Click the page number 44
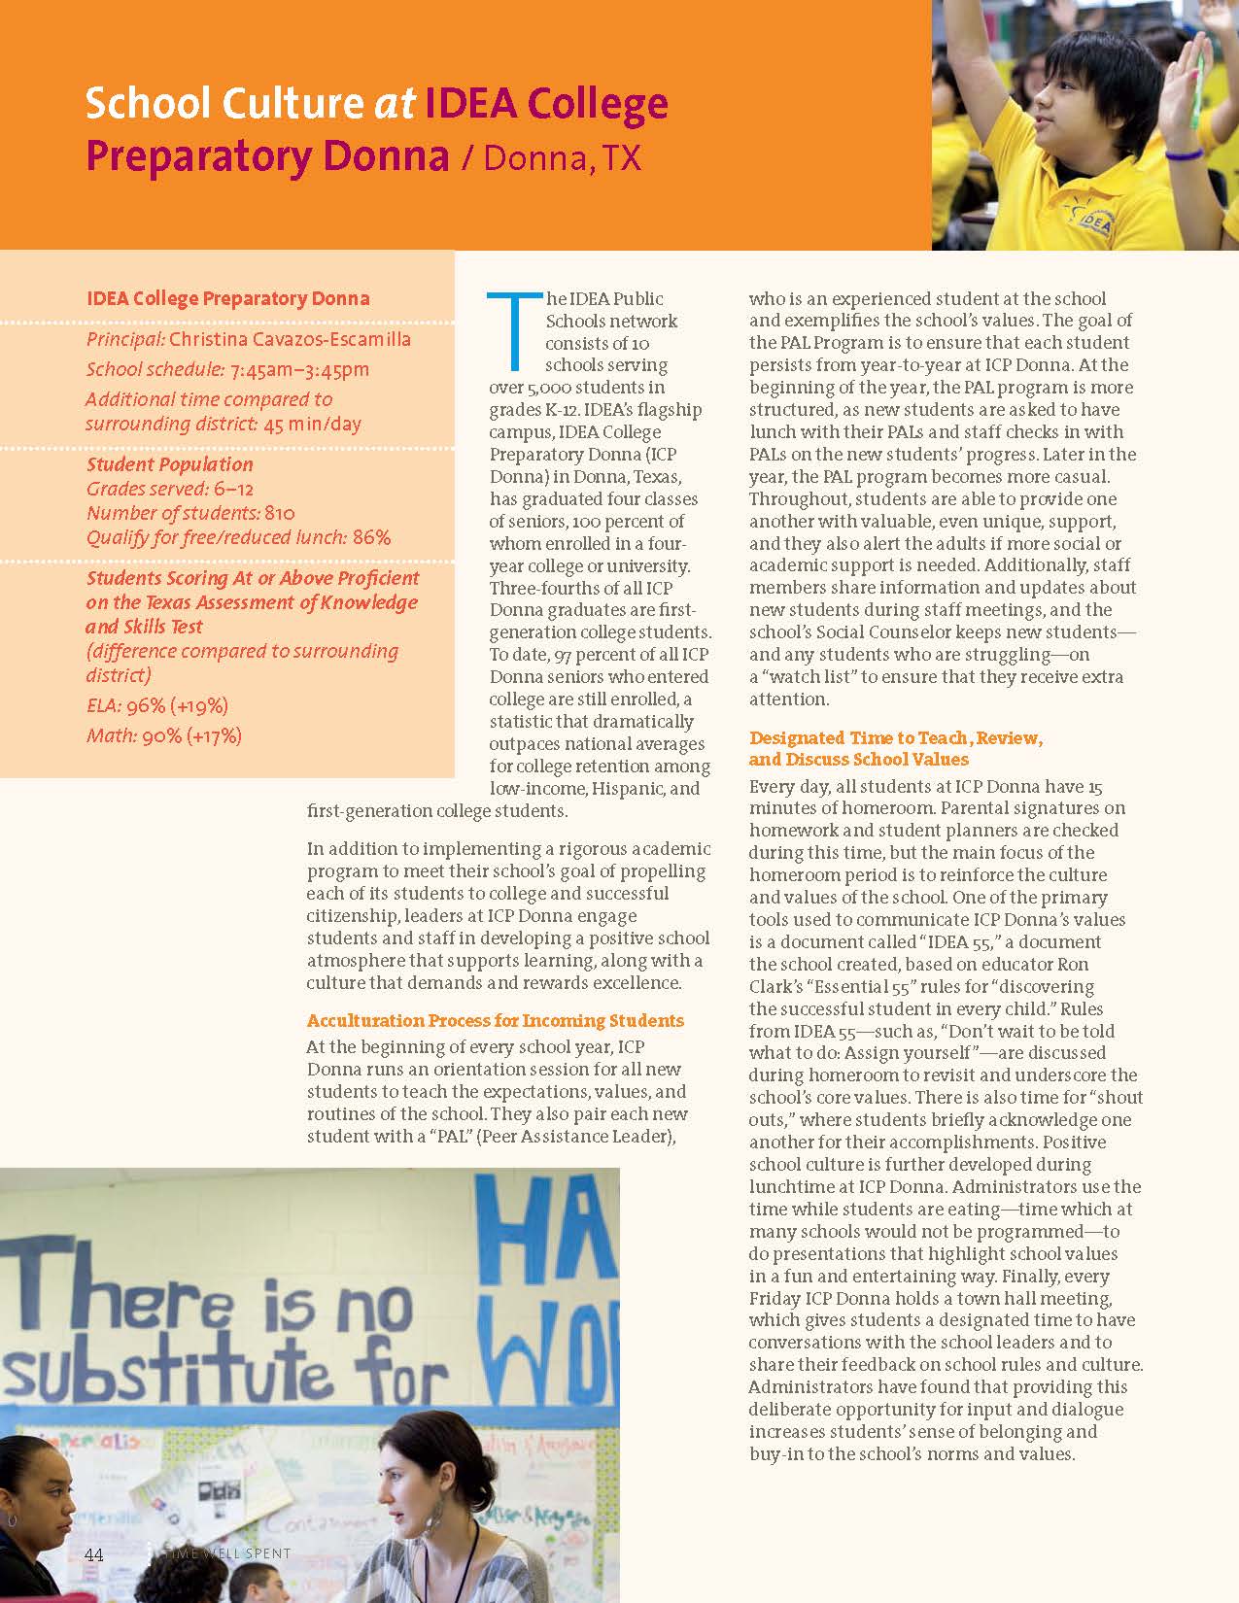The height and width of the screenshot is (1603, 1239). pos(93,1553)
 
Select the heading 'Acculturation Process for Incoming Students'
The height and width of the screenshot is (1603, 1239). pos(495,1020)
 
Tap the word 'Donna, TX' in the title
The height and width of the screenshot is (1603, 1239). pos(563,157)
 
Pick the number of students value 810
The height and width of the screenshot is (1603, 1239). pos(280,513)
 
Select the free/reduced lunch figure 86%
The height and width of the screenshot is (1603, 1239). pos(372,537)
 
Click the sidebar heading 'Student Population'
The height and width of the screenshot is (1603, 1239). pos(169,464)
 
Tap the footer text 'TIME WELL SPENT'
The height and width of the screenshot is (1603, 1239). pos(230,1553)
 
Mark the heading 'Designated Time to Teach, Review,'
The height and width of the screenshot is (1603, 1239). pos(895,737)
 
